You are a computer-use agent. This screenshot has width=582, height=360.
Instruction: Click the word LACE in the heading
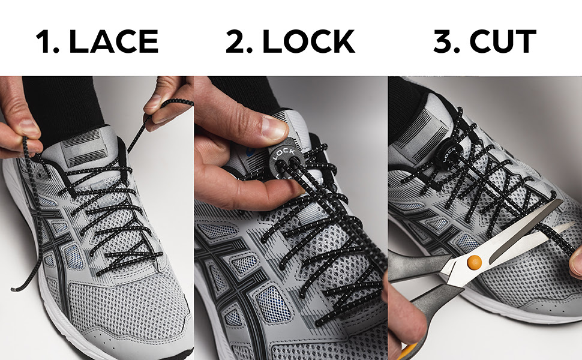pos(113,41)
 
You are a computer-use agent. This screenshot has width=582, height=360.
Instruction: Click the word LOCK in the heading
pos(308,41)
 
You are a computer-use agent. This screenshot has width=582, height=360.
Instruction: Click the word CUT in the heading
pos(503,41)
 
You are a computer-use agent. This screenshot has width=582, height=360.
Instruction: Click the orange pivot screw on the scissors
pos(475,262)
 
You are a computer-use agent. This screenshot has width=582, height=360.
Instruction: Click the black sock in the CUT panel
pos(408,107)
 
